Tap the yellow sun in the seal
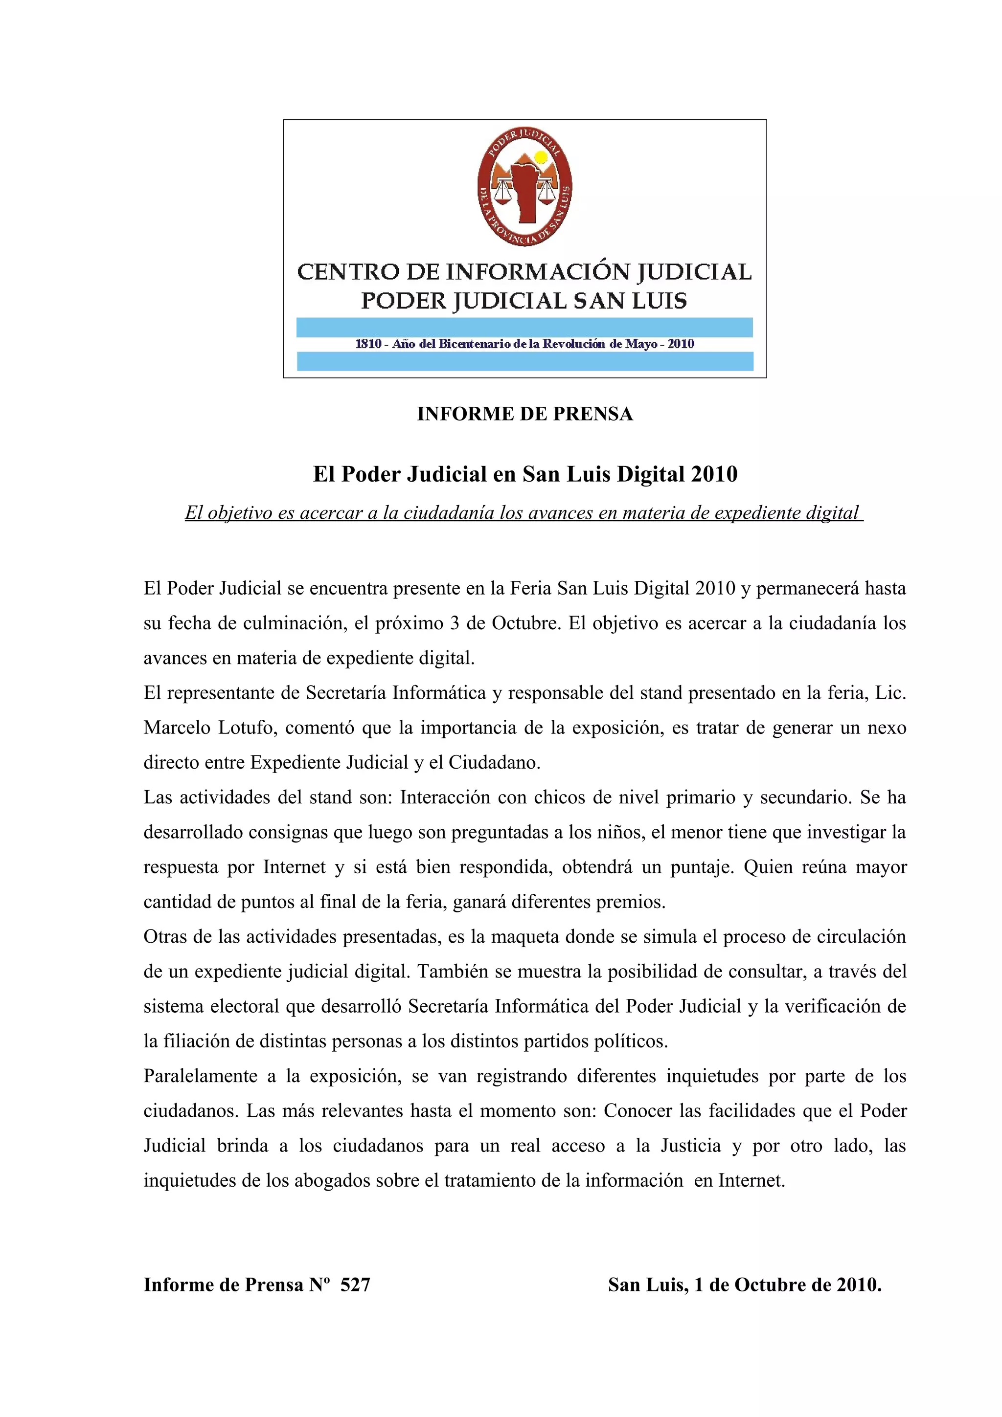point(541,157)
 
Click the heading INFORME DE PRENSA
point(525,414)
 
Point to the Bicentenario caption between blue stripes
point(525,344)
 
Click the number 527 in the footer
point(355,1284)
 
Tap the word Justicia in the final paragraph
point(690,1146)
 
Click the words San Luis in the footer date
point(646,1284)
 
